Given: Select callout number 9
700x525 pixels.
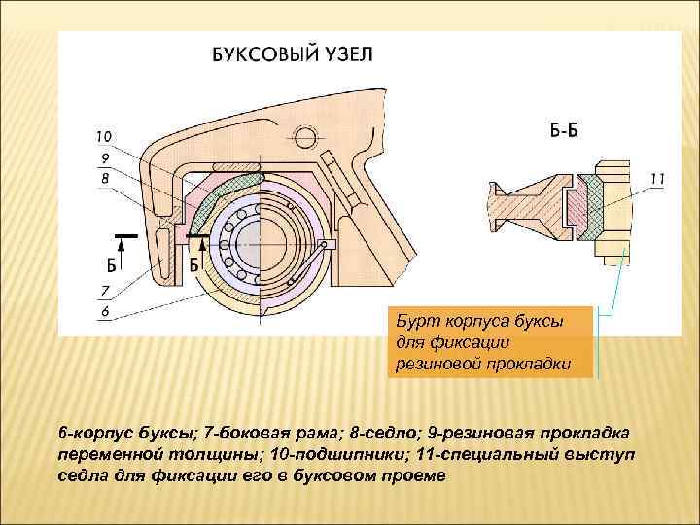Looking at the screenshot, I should (103, 157).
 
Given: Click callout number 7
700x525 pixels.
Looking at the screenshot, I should (104, 290).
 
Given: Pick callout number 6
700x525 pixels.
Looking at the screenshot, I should (103, 311).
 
